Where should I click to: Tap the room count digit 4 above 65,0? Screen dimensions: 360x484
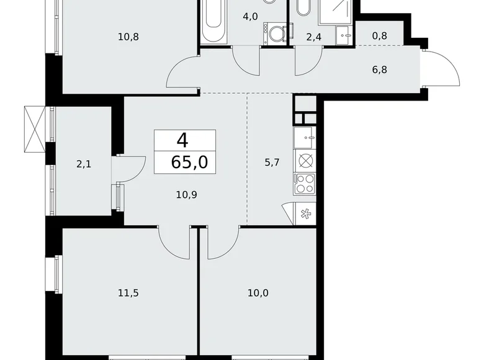182,139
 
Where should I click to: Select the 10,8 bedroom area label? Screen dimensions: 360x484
128,37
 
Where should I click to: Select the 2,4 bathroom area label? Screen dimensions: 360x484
315,37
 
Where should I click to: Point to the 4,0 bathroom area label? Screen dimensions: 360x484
250,17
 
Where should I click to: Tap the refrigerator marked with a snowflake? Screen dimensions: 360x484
305,214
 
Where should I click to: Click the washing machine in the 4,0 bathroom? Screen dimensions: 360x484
274,32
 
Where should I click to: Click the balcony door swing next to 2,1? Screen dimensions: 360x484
129,166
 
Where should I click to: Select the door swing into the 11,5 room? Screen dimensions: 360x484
174,242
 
